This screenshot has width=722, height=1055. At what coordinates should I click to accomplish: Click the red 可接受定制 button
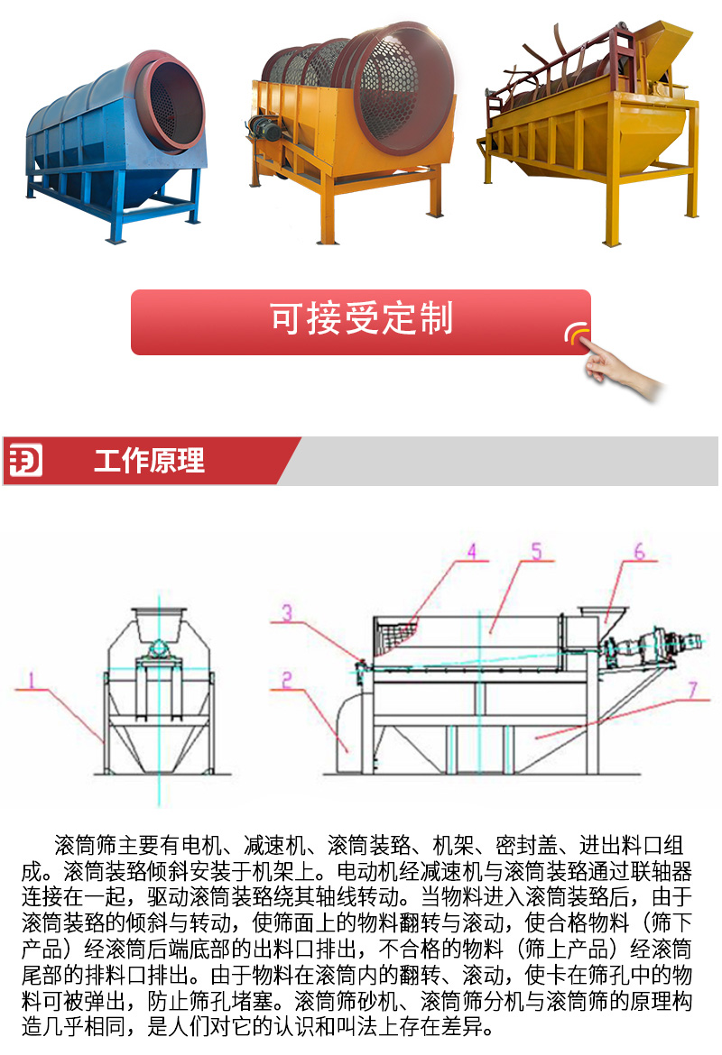tap(360, 322)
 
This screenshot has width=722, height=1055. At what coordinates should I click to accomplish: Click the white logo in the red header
tap(25, 460)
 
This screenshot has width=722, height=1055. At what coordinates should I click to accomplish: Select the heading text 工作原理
tap(149, 461)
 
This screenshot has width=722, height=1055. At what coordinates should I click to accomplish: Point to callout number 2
tap(286, 680)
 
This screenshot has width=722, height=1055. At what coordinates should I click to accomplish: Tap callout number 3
tap(287, 612)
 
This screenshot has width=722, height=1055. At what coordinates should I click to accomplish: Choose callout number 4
tap(471, 552)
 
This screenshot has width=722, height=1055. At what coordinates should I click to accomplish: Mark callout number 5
tap(536, 552)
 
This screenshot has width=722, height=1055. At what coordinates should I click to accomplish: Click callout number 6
tap(639, 552)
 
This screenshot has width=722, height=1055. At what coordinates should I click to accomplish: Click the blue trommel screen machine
tap(115, 142)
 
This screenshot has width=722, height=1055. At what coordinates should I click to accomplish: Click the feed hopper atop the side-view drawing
tap(604, 615)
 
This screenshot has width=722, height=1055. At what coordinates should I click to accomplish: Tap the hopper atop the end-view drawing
tap(160, 624)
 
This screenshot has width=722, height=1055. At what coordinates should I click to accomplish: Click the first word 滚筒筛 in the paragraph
tap(85, 845)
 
